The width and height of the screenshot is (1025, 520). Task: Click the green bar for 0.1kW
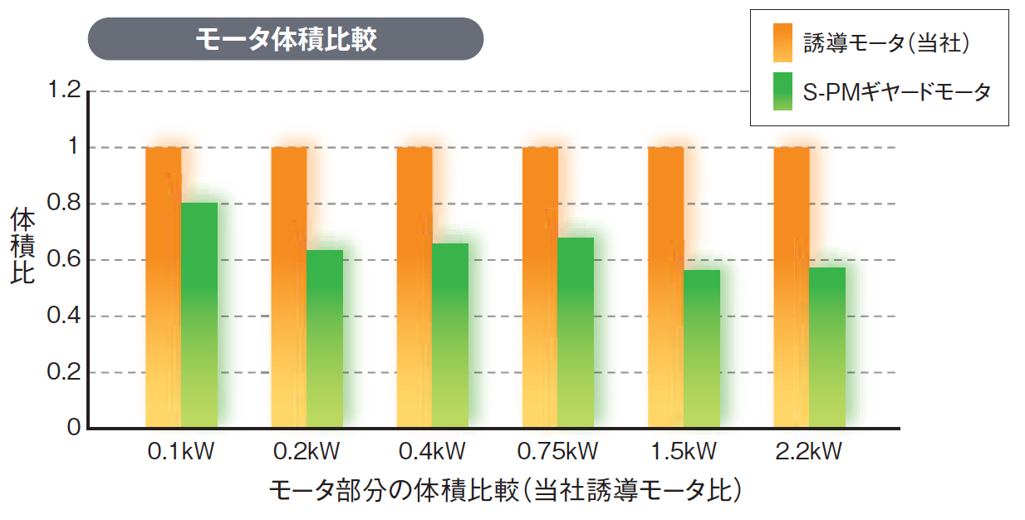pos(199,316)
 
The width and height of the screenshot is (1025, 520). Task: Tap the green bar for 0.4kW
pos(450,336)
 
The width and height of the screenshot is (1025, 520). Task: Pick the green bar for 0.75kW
pos(576,332)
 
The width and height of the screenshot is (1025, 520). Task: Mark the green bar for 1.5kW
pos(702,349)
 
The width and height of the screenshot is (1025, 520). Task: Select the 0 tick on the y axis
pos(74,428)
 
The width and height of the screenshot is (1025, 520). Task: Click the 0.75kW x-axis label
pos(557,452)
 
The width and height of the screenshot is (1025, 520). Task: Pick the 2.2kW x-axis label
pos(808,452)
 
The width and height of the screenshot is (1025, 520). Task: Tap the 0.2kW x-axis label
pos(307,452)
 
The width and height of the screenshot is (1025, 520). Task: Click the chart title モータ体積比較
pos(286,39)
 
